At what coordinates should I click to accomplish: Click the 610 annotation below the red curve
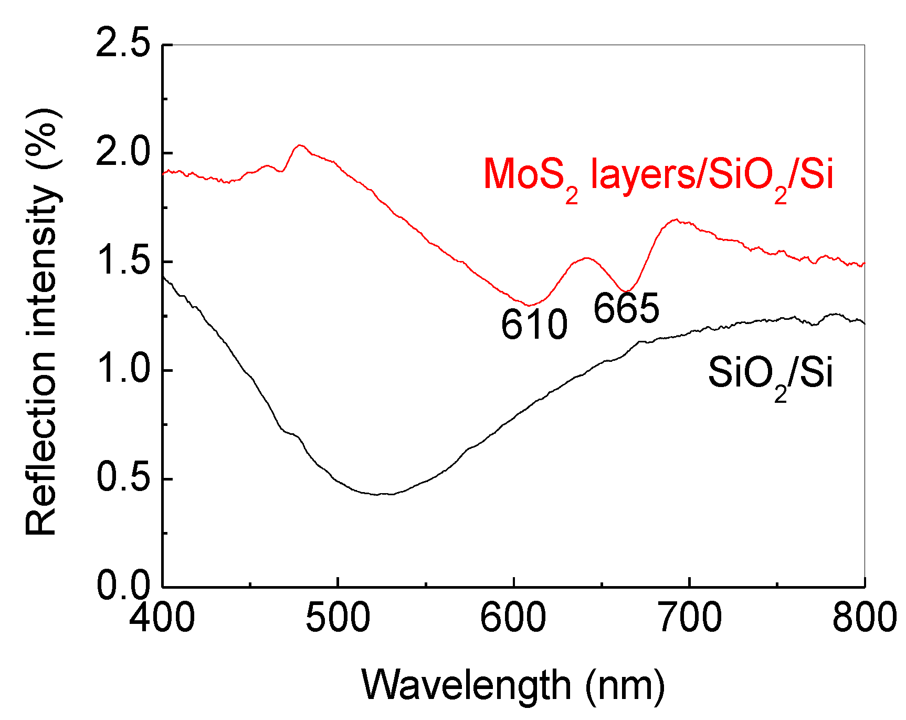coord(534,325)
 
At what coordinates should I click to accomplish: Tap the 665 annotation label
coord(626,308)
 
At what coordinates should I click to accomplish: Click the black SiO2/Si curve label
coord(770,374)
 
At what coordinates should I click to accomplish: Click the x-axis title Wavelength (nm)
coord(513,686)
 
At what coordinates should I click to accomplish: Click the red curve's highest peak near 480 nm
coord(300,145)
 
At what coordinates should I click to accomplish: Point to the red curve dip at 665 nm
coord(625,291)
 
